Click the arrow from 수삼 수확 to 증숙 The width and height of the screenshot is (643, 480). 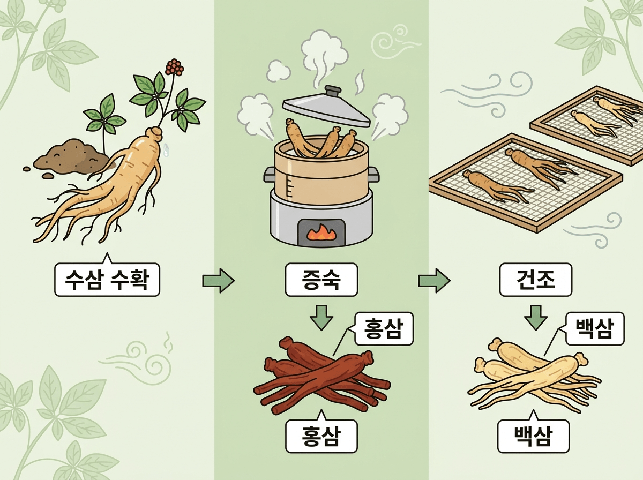[218, 280]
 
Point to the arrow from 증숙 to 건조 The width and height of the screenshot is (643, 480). [433, 280]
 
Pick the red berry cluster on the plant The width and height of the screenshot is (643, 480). [174, 66]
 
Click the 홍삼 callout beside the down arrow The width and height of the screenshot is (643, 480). [384, 328]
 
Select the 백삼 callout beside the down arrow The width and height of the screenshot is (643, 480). [595, 328]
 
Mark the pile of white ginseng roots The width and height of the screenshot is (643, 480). [533, 375]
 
